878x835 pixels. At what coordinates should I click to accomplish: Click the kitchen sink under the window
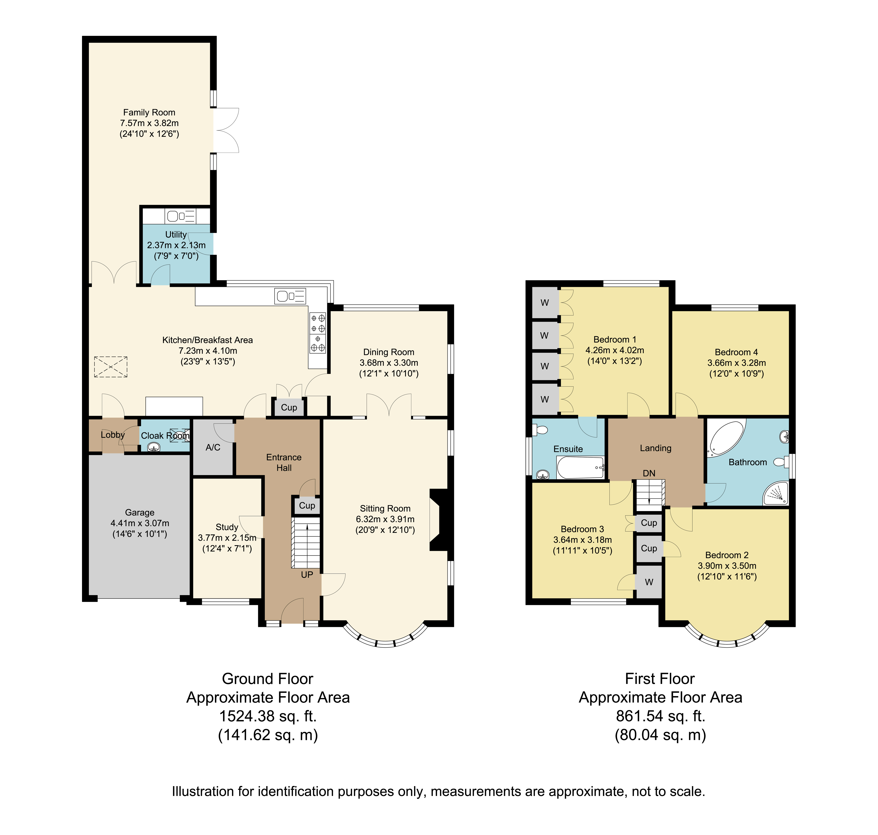coord(290,296)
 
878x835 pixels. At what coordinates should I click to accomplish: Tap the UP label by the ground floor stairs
coord(307,575)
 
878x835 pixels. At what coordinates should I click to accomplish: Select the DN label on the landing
coord(649,473)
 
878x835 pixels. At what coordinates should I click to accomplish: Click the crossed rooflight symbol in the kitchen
coord(111,367)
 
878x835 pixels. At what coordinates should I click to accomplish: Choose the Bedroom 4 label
coord(736,352)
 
